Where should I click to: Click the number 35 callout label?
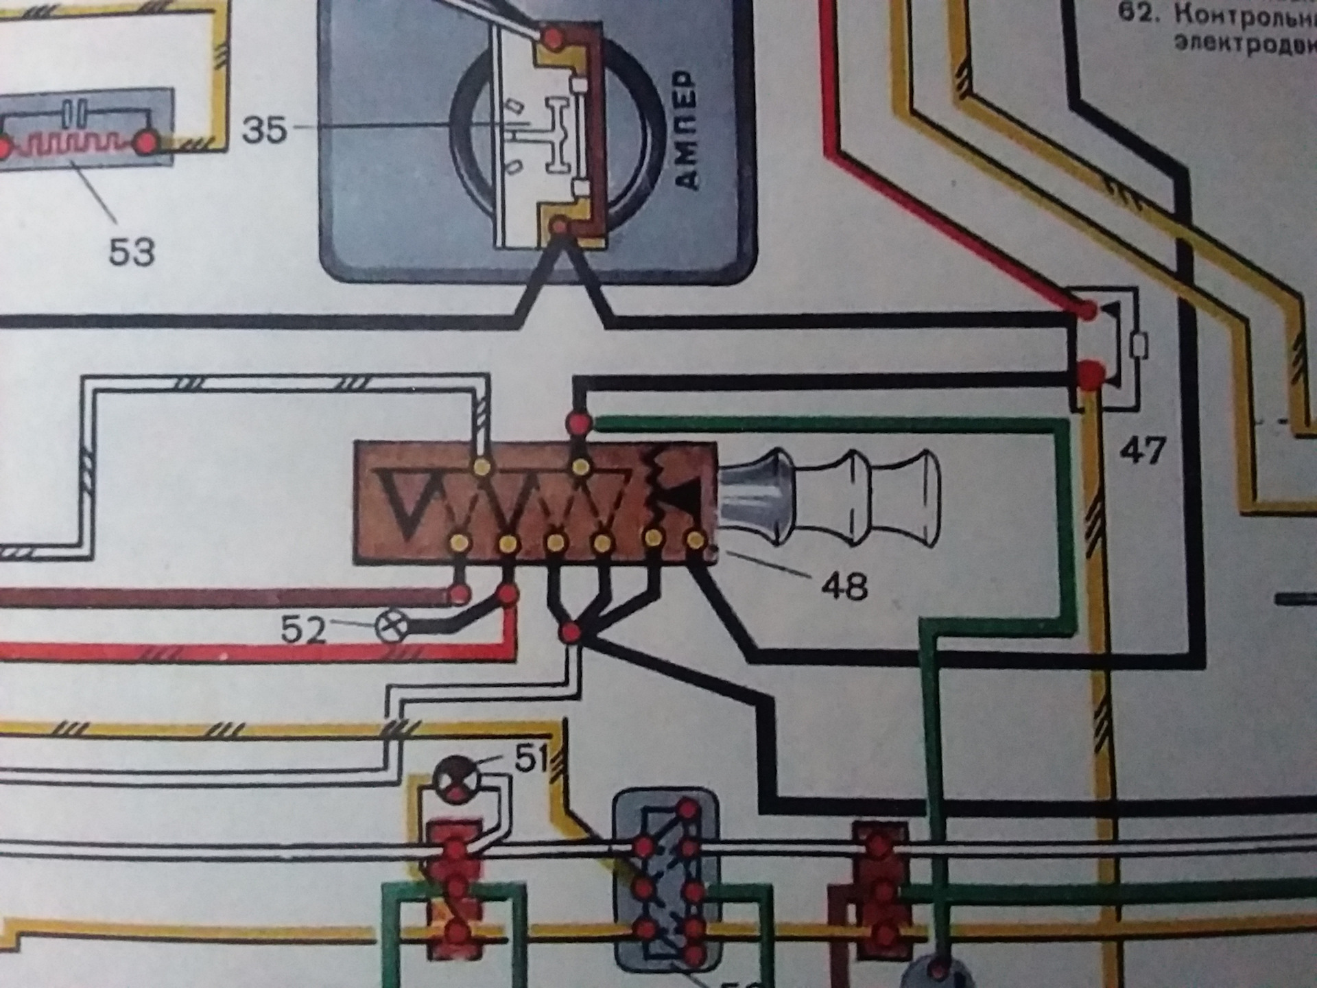[264, 130]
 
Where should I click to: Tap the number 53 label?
[132, 252]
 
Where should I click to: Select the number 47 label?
[1143, 451]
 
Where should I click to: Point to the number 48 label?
[846, 587]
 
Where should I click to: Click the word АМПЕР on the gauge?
[687, 130]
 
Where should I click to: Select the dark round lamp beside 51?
[454, 779]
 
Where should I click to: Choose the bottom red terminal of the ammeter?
[560, 226]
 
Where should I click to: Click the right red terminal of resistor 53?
[147, 143]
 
